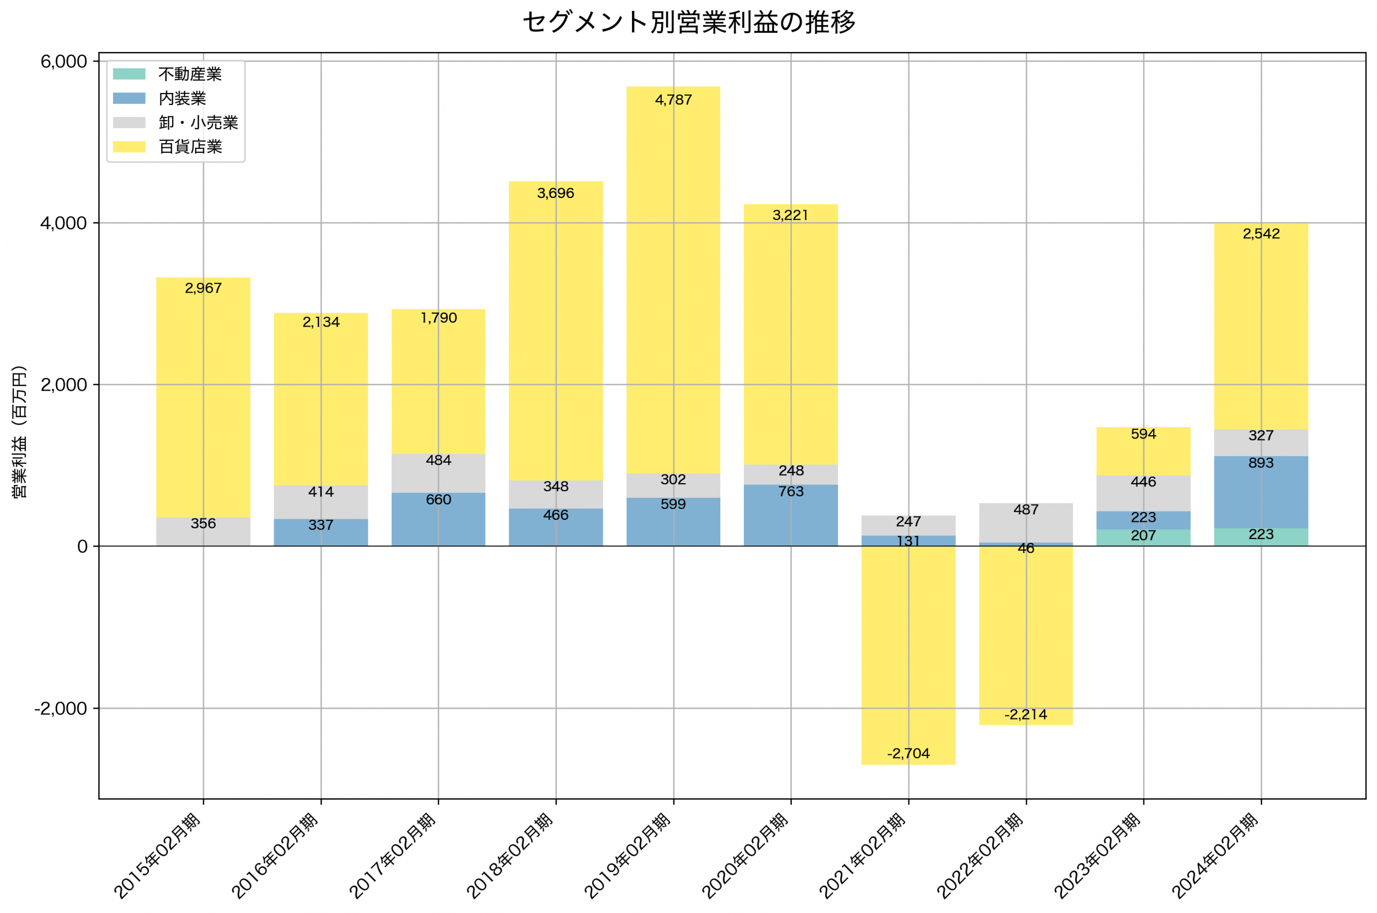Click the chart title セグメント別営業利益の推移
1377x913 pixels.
tap(688, 23)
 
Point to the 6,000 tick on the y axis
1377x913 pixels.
tap(63, 62)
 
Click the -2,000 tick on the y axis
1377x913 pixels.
tap(61, 709)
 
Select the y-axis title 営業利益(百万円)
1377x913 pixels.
tap(19, 431)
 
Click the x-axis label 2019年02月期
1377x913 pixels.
tap(627, 857)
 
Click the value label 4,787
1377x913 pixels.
tap(673, 100)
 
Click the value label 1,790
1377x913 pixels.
tap(438, 318)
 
